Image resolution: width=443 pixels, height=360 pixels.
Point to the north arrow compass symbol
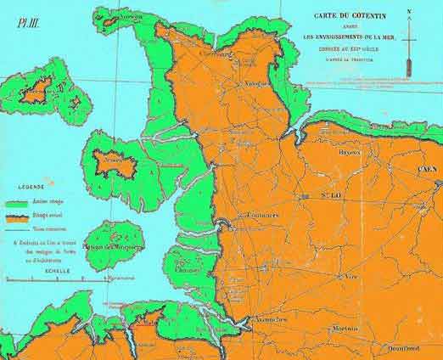(410, 34)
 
